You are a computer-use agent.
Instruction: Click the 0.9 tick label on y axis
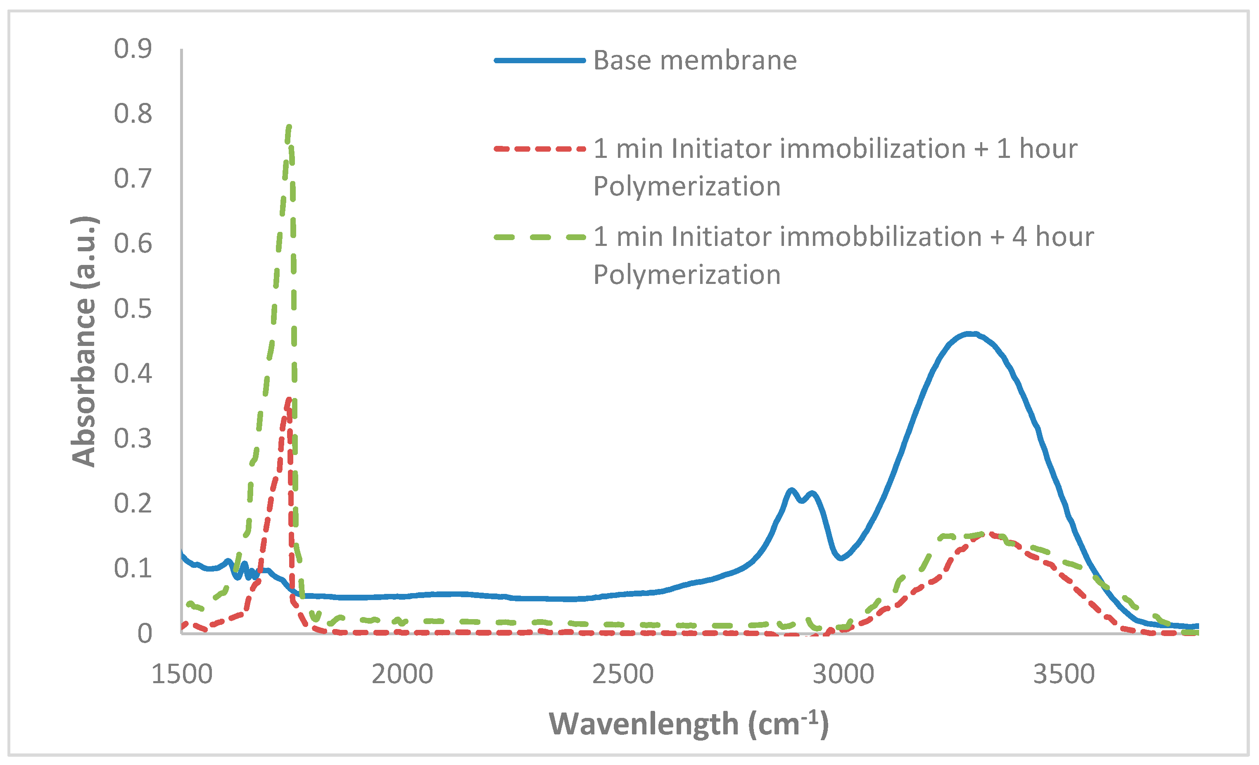click(133, 49)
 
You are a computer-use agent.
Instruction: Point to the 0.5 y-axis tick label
click(133, 309)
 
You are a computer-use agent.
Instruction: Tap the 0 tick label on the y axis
click(145, 634)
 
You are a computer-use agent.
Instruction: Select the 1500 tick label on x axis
click(182, 674)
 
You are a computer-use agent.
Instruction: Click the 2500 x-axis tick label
click(622, 674)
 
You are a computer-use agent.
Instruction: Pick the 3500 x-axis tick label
click(1064, 674)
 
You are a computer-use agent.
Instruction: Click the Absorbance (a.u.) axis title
click(84, 342)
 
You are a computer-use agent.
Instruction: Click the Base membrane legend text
click(695, 60)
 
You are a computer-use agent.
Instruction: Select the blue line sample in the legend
click(539, 60)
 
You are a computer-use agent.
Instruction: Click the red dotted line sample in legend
click(539, 149)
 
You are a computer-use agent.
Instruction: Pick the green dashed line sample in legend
click(539, 237)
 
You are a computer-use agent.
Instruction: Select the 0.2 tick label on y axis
click(133, 504)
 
